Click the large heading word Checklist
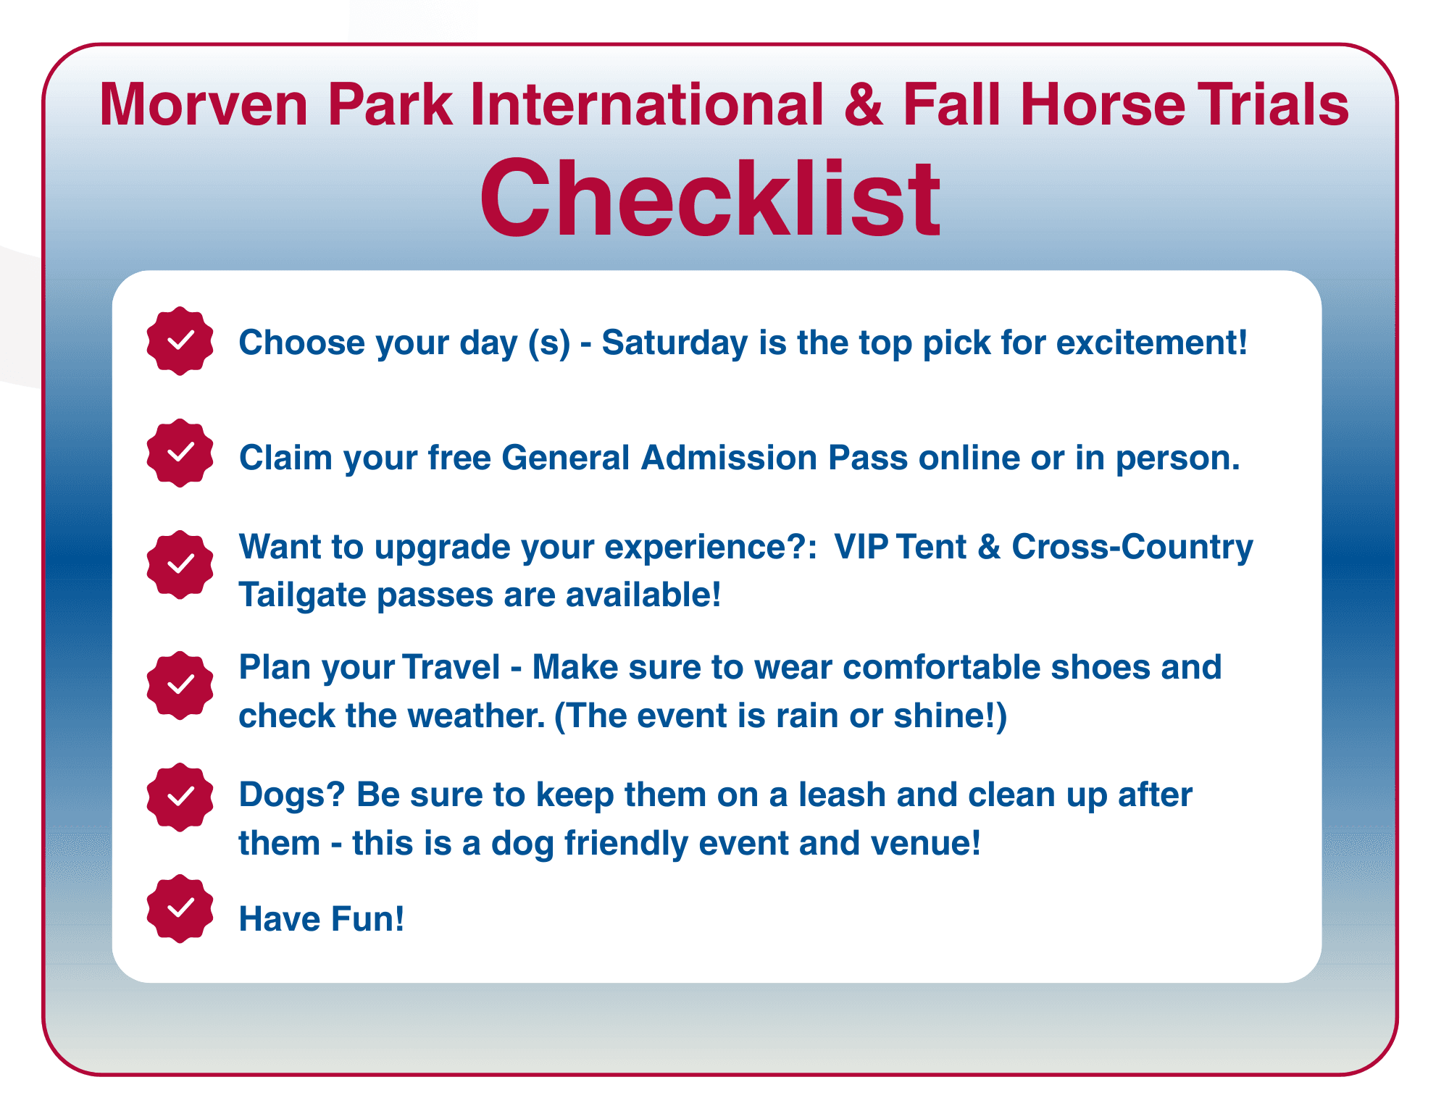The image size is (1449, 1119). [710, 198]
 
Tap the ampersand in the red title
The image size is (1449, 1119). [864, 104]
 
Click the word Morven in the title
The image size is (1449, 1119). [204, 104]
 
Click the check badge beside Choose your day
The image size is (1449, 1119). [180, 340]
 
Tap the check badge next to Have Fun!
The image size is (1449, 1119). [180, 908]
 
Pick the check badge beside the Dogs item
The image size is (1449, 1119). [180, 797]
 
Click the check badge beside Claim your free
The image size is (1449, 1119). [180, 453]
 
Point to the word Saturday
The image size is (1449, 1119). [675, 343]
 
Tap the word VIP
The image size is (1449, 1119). [861, 547]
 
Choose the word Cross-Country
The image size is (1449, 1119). [1132, 548]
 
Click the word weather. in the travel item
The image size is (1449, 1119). [475, 716]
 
